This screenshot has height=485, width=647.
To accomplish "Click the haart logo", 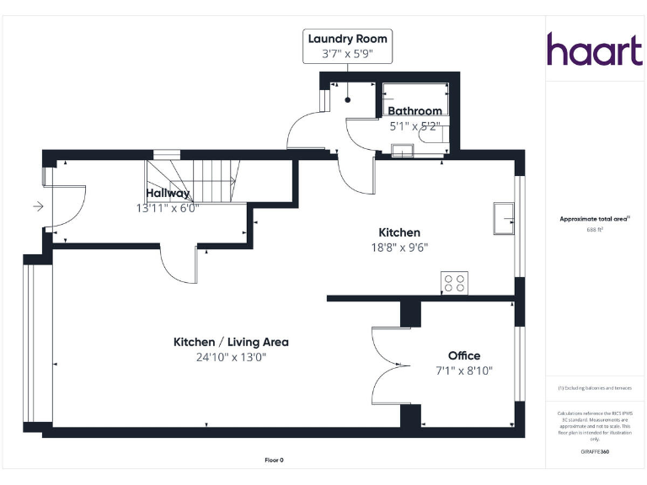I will point(595,50).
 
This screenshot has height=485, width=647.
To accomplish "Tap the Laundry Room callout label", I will point(347,39).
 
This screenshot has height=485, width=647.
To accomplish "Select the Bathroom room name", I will point(414,111).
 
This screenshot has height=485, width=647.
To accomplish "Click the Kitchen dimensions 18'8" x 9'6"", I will point(399,248).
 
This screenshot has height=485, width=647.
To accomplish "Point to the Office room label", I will point(464,355).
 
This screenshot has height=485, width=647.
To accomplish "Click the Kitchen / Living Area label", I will point(231,342).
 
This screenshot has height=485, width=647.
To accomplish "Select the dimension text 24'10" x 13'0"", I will point(231,357).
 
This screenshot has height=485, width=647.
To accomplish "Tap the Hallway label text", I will point(168,193).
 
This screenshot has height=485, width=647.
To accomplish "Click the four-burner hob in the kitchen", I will point(455,284).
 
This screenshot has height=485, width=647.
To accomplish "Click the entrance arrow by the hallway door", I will point(37,205).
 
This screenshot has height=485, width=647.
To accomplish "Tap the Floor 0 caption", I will point(275,460).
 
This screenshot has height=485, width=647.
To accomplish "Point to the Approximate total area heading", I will point(595,219).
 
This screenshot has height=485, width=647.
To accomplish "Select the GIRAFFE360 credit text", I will point(595,453).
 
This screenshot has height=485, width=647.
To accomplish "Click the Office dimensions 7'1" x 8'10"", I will point(464,370).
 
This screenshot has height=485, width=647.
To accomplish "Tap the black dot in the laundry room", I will point(347,100).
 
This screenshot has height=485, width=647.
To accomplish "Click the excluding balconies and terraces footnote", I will point(595,388).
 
